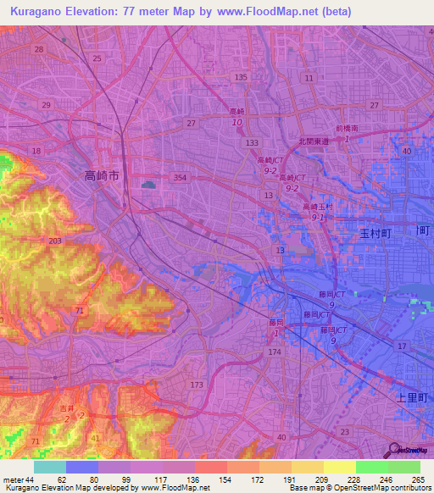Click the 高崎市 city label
tap(103, 176)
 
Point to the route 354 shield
tap(179, 178)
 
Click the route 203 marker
tap(54, 241)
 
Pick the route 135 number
tap(242, 77)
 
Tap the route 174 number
tap(274, 351)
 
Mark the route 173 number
tap(197, 385)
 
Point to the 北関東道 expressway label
tap(313, 142)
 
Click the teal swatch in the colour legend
tap(50, 467)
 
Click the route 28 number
tap(39, 50)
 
